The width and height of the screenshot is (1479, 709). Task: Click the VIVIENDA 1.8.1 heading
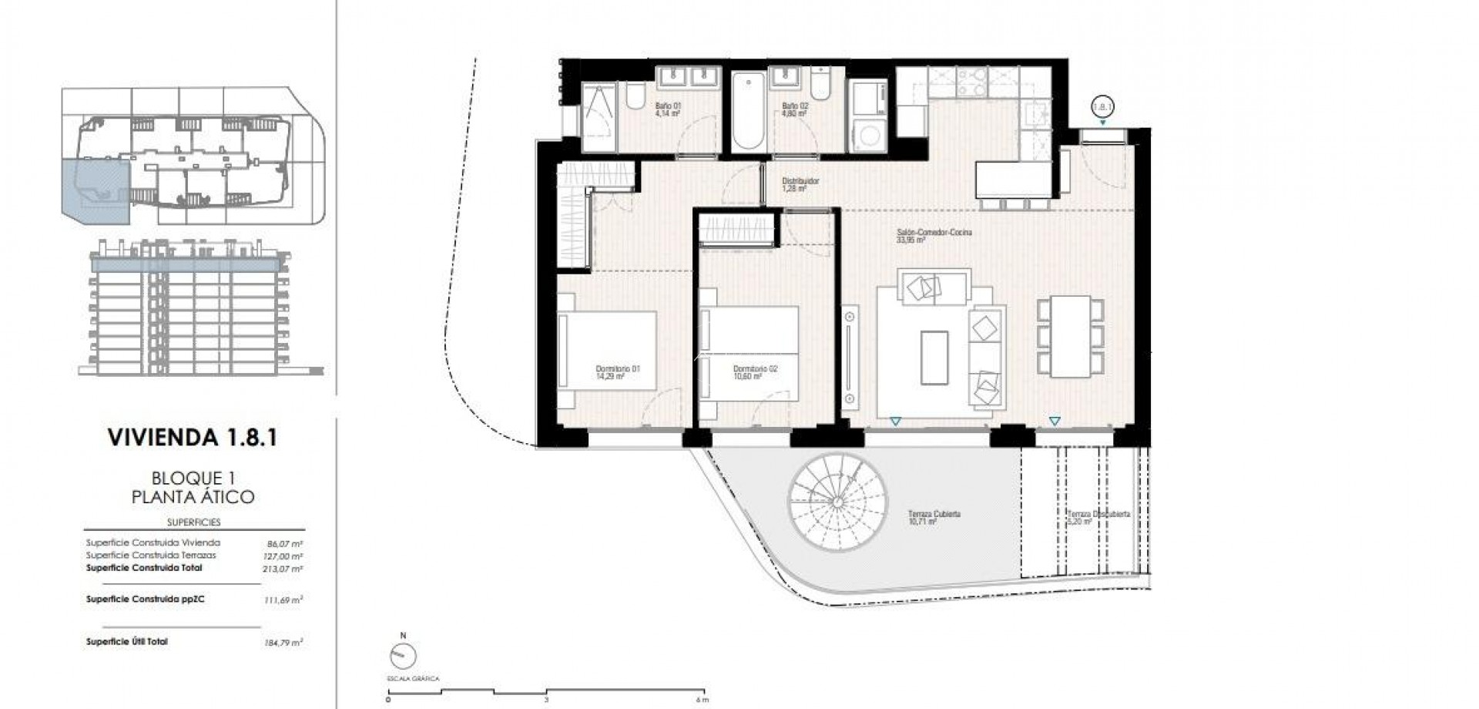[x=193, y=438]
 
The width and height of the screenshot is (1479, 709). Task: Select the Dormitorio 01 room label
[x=619, y=372]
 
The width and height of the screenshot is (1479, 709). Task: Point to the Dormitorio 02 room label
[x=754, y=372]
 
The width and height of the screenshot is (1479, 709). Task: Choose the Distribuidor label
[x=798, y=184]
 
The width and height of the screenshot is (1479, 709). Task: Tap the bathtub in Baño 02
[x=747, y=112]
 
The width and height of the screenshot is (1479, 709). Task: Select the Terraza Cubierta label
[x=934, y=517]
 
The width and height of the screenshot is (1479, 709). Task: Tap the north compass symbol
[x=404, y=656]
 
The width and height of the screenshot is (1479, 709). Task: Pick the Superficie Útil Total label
[x=127, y=641]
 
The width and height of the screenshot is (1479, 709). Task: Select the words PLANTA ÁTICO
[x=193, y=497]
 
